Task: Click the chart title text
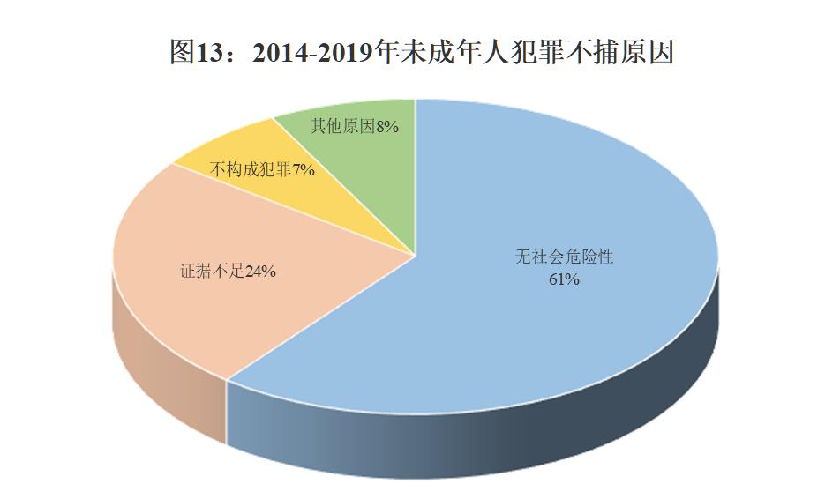(x=421, y=52)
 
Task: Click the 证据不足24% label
(x=229, y=272)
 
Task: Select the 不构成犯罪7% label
(x=264, y=169)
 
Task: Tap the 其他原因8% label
(x=355, y=127)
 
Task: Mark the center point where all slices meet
(x=416, y=256)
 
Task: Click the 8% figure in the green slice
(x=387, y=127)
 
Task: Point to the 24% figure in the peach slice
(x=260, y=272)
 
